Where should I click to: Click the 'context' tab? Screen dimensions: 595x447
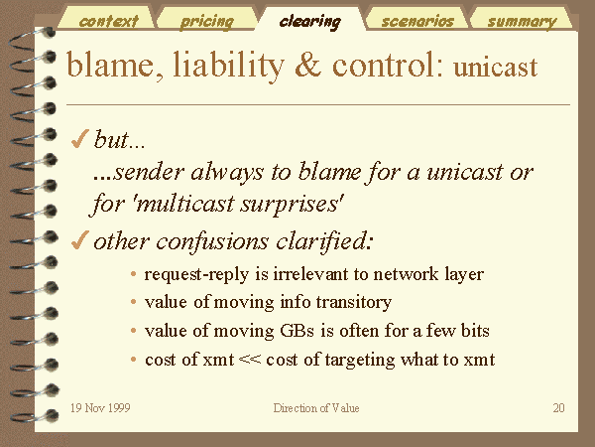pyautogui.click(x=108, y=21)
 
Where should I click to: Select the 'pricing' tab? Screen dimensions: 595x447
pyautogui.click(x=207, y=21)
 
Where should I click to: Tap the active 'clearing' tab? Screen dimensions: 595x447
pyautogui.click(x=310, y=21)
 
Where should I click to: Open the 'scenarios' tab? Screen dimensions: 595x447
pyautogui.click(x=417, y=21)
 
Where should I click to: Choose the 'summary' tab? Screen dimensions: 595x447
pyautogui.click(x=522, y=21)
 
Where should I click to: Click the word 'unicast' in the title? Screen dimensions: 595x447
pyautogui.click(x=495, y=68)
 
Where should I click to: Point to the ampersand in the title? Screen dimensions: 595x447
pyautogui.click(x=308, y=64)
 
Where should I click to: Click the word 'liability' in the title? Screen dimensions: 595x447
pyautogui.click(x=228, y=66)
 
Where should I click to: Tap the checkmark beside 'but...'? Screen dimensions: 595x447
pyautogui.click(x=79, y=139)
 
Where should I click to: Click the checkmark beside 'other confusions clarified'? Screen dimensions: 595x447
pyautogui.click(x=79, y=240)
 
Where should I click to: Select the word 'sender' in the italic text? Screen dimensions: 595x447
pyautogui.click(x=150, y=173)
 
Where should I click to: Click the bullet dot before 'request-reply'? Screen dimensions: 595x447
pyautogui.click(x=133, y=274)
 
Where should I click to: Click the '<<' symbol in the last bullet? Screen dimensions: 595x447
pyautogui.click(x=250, y=360)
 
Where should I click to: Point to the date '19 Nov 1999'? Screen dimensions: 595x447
pyautogui.click(x=100, y=408)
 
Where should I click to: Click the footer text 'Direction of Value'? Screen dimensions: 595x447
pyautogui.click(x=316, y=408)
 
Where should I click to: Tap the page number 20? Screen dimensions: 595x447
pyautogui.click(x=558, y=408)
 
